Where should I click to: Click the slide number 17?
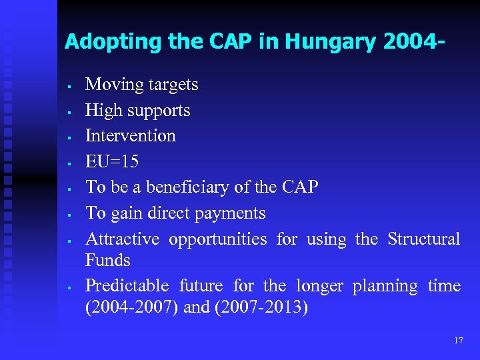pyautogui.click(x=458, y=340)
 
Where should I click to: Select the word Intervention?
pyautogui.click(x=131, y=136)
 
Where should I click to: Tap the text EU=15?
pyautogui.click(x=112, y=162)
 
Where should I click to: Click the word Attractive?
pyautogui.click(x=123, y=239)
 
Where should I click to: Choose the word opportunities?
pyautogui.click(x=217, y=239)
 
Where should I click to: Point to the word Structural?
pyautogui.click(x=423, y=239)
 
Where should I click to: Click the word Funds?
pyautogui.click(x=107, y=260)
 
